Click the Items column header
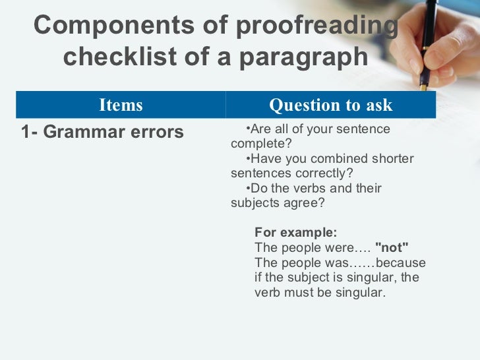point(121,105)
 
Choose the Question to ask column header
point(330,105)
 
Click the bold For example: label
point(295,233)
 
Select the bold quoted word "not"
point(392,247)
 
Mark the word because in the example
point(405,262)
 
